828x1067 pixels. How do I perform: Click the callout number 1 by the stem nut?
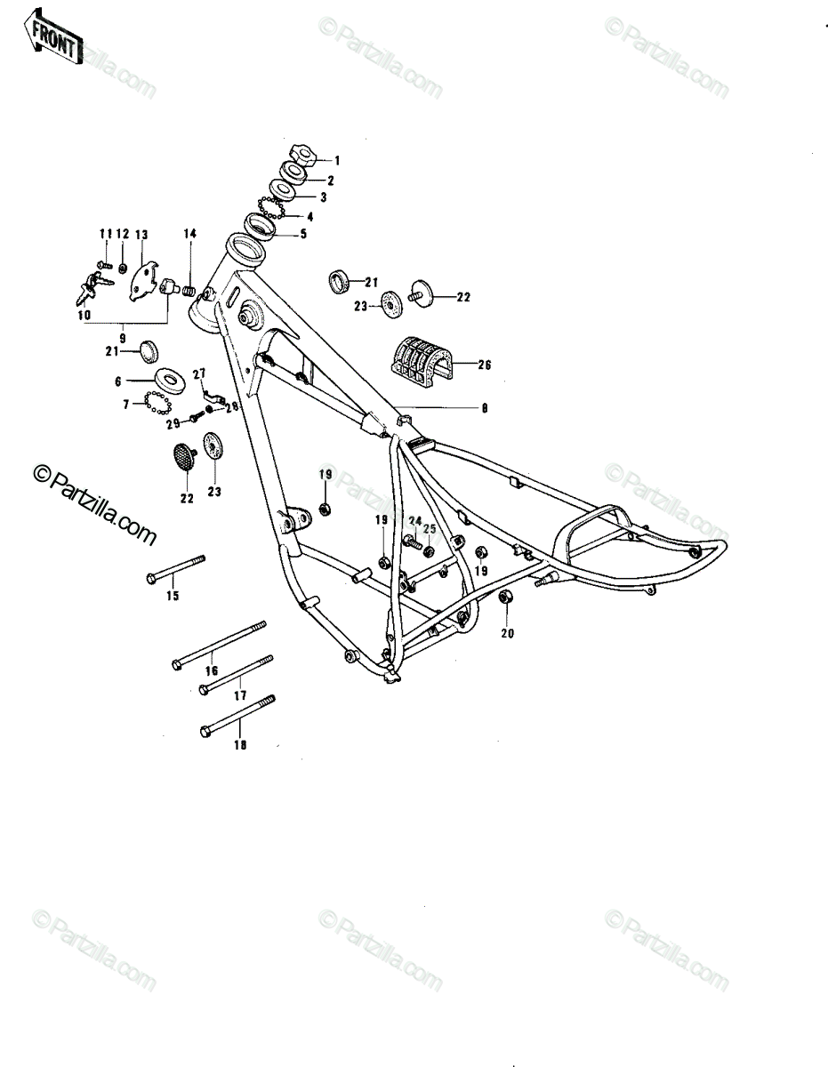(337, 160)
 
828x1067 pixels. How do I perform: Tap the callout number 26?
(484, 365)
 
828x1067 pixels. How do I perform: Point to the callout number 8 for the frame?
(485, 407)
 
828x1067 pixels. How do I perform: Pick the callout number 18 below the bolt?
(240, 758)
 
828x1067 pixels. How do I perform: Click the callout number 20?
(507, 633)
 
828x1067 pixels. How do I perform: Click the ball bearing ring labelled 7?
(158, 403)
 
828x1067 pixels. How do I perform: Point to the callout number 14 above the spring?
(190, 234)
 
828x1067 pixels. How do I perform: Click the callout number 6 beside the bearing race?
(118, 381)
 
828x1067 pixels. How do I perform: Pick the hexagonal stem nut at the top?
(301, 154)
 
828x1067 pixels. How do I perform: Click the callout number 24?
(415, 520)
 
